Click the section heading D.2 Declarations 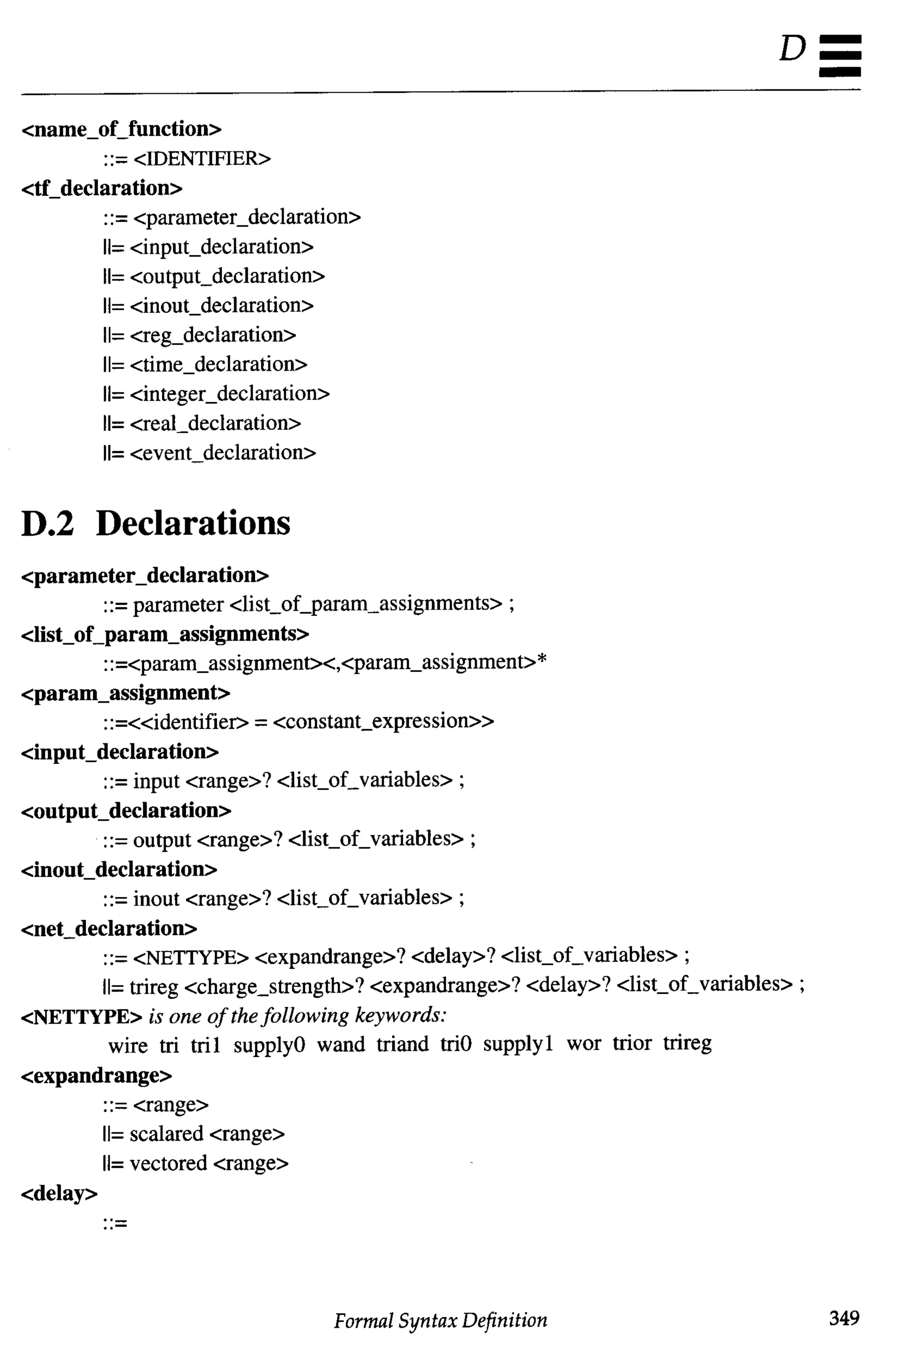point(155,523)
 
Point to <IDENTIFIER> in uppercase point(202,159)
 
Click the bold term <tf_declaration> point(102,189)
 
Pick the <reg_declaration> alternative point(213,335)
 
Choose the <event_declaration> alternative point(223,453)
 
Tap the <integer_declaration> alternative point(229,394)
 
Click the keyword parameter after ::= point(178,604)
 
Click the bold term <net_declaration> point(109,928)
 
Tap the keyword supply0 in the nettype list point(269,1045)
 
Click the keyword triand point(403,1044)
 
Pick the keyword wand point(340,1044)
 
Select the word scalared point(166,1134)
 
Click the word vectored point(168,1163)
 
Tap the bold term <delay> point(59,1193)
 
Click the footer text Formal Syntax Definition point(441,1320)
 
